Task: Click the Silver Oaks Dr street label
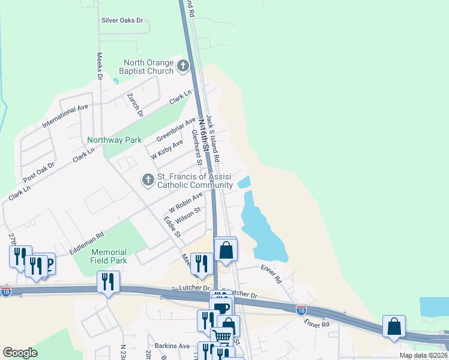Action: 123,20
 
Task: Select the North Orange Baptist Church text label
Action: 148,67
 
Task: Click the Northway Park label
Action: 114,140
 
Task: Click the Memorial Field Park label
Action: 109,256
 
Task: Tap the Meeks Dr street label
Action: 100,65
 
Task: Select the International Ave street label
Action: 65,116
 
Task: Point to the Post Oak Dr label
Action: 38,173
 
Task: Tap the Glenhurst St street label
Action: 196,146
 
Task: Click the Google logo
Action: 20,353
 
